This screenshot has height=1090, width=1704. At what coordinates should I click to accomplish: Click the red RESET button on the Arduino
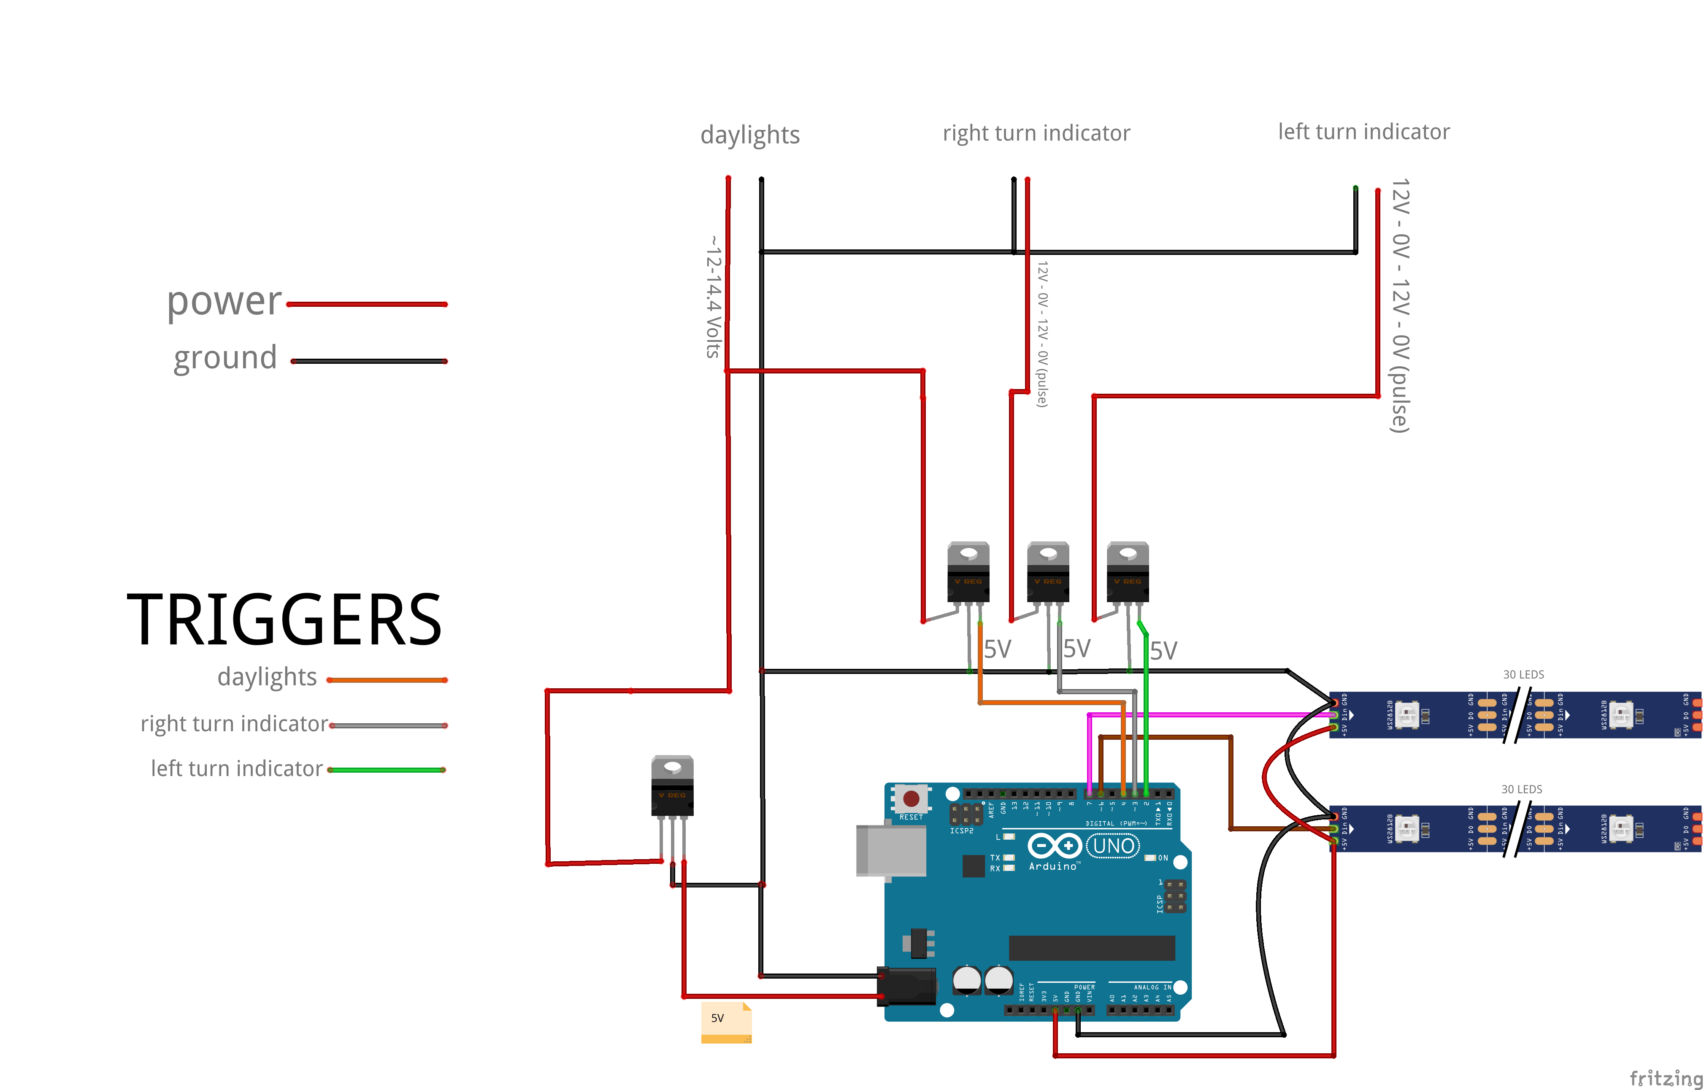pyautogui.click(x=911, y=798)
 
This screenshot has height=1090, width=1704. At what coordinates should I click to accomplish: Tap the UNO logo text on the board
pyautogui.click(x=1113, y=846)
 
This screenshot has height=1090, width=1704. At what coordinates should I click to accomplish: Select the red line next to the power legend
pyautogui.click(x=367, y=304)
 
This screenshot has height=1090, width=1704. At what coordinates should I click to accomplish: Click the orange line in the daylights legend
pyautogui.click(x=387, y=680)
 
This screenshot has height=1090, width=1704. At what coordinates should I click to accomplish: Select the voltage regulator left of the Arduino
pyautogui.click(x=672, y=787)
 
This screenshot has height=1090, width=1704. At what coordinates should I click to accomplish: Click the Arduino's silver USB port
pyautogui.click(x=891, y=850)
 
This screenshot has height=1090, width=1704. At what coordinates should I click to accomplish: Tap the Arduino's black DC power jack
pyautogui.click(x=907, y=986)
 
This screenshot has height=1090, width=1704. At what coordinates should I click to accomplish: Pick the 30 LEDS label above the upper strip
pyautogui.click(x=1523, y=674)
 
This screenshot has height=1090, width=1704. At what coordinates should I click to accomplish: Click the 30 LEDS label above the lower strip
pyautogui.click(x=1521, y=789)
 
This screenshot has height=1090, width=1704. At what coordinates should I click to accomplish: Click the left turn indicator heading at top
pyautogui.click(x=1363, y=132)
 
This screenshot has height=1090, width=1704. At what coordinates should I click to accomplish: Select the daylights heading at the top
pyautogui.click(x=750, y=135)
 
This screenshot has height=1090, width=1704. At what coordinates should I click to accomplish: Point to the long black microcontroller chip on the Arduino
pyautogui.click(x=1091, y=948)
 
